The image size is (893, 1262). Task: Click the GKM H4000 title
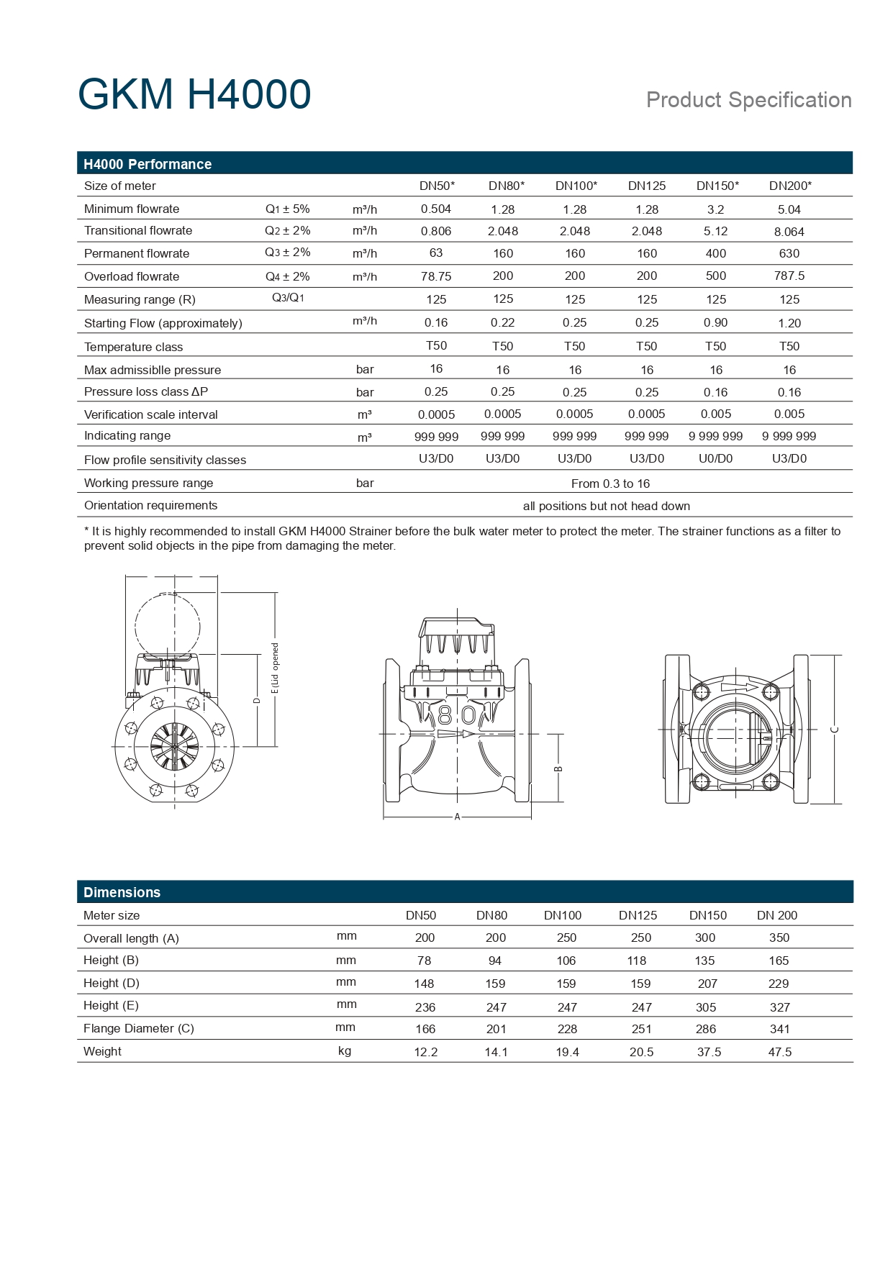click(194, 95)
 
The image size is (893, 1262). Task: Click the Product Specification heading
click(748, 100)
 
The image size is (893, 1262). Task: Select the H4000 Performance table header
click(148, 164)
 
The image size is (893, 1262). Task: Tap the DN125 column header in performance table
click(646, 186)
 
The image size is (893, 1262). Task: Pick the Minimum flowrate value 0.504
click(436, 209)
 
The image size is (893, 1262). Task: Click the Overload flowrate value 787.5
click(789, 276)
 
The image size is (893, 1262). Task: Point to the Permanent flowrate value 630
click(789, 253)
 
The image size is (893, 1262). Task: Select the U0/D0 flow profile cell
click(715, 458)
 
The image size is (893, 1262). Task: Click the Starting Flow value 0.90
click(715, 322)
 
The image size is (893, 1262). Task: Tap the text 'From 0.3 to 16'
click(610, 484)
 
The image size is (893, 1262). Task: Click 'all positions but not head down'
click(606, 506)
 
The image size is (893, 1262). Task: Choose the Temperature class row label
click(133, 347)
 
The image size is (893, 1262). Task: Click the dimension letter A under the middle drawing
click(457, 817)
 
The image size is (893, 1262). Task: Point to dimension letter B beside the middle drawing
click(558, 768)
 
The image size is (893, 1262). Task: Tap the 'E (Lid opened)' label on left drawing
click(275, 668)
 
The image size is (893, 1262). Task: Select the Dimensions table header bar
click(122, 892)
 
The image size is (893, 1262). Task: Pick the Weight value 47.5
click(779, 1052)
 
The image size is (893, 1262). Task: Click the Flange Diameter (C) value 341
click(779, 1029)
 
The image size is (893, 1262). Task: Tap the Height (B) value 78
click(424, 961)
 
